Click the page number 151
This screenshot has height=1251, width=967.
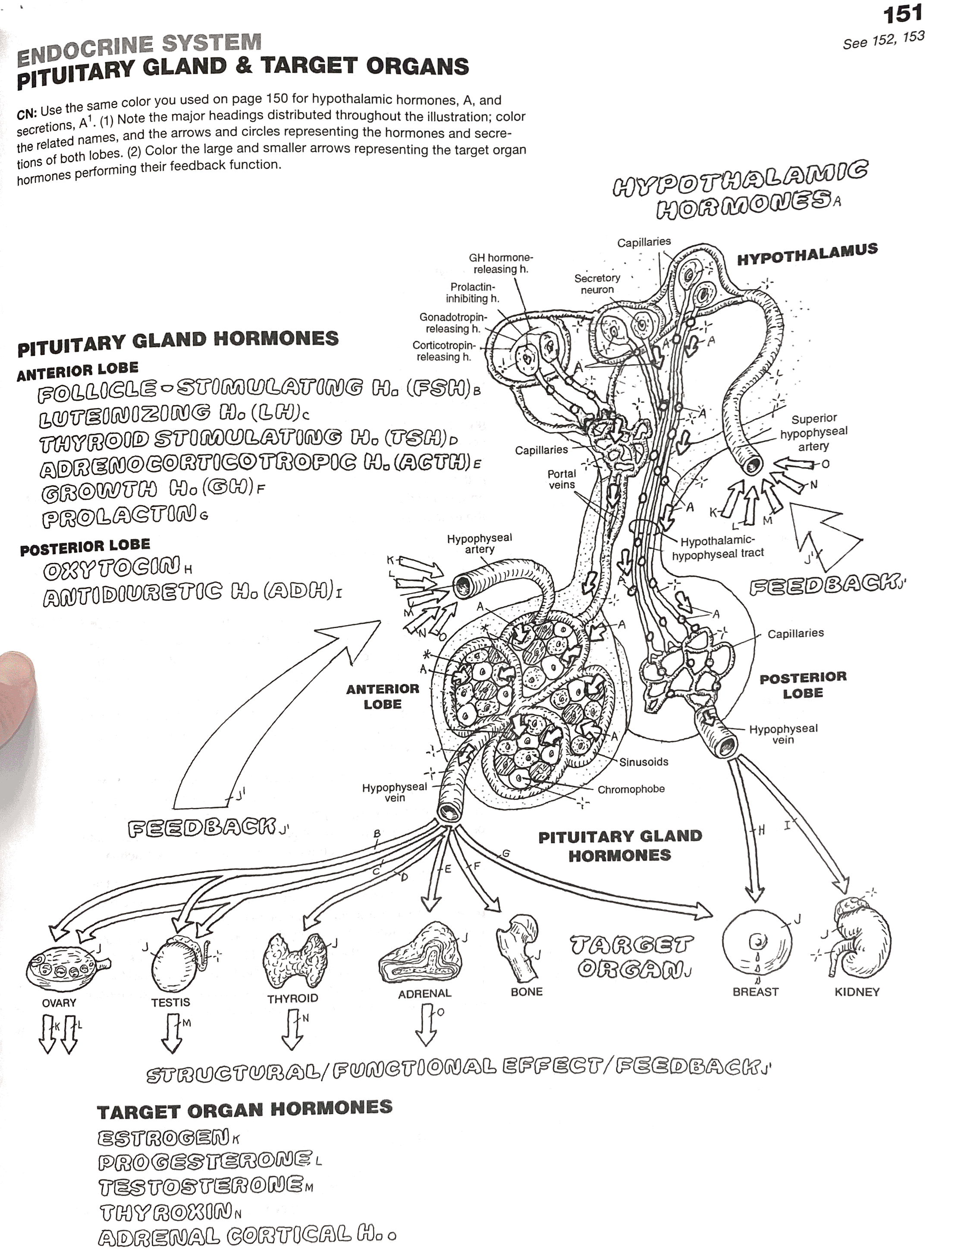(x=902, y=14)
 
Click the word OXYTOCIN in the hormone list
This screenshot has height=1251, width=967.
(x=112, y=569)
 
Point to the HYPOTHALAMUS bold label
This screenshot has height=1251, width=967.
(x=807, y=255)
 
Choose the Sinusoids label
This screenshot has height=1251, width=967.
(x=644, y=762)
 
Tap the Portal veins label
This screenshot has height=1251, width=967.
(x=562, y=479)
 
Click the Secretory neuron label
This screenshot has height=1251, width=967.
(x=597, y=283)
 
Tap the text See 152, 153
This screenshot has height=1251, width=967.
(x=883, y=40)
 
